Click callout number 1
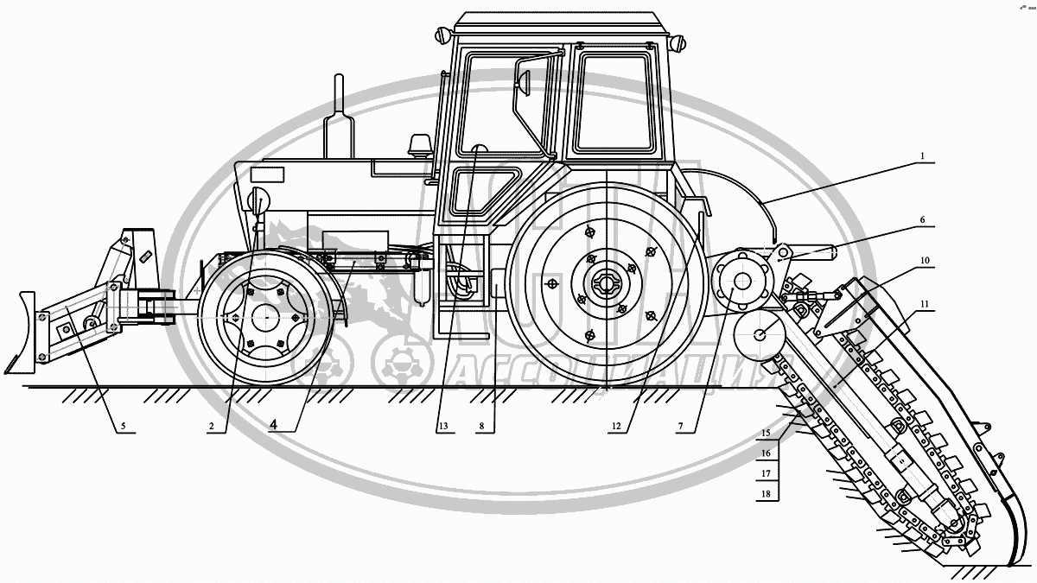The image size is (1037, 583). (x=923, y=156)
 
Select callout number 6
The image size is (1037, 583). (x=923, y=220)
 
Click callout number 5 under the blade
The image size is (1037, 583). (x=122, y=425)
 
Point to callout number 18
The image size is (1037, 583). (x=765, y=494)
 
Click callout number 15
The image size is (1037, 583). (x=765, y=432)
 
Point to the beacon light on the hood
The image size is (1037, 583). (x=422, y=144)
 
